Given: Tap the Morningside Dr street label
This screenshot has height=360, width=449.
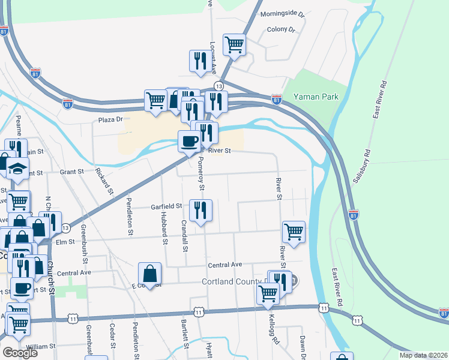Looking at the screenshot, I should click(282, 14).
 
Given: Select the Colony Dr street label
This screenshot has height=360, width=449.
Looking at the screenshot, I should click(282, 29).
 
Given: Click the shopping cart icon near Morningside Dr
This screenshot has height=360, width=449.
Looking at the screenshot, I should click(234, 44).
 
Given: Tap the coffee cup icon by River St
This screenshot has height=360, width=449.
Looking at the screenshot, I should click(189, 141).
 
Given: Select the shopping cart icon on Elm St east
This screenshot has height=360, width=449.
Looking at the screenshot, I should click(294, 232).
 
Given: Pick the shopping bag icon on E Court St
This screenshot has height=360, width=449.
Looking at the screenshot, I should click(149, 274).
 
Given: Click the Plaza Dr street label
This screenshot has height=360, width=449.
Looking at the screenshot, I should click(110, 120).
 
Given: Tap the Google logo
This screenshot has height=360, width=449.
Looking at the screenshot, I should click(20, 353).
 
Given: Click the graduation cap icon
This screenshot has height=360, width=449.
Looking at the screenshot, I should click(18, 169).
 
